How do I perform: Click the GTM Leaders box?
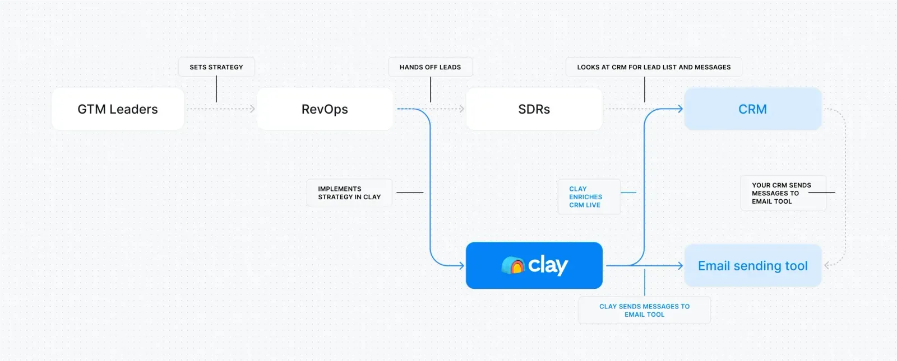pos(118,109)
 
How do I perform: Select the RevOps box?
pos(325,109)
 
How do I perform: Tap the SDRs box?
pos(534,109)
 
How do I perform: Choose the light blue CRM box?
pos(752,109)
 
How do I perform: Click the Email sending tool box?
pos(752,266)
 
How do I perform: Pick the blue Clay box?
pos(534,265)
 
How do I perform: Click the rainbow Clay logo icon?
pos(512,265)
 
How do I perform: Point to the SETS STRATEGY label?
pos(216,67)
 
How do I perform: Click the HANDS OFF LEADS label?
pos(430,67)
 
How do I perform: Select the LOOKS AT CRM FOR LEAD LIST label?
pos(654,67)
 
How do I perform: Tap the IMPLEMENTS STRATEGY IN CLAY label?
pos(349,193)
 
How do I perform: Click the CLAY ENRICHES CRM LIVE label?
pos(586,196)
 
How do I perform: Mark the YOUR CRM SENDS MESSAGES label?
pos(782,193)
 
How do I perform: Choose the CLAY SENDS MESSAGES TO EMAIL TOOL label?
pos(644,310)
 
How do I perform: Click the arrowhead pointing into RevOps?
pos(253,109)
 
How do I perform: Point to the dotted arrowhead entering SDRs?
pos(462,109)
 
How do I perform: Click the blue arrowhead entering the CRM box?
pos(681,109)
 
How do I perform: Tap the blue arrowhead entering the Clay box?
pos(461,265)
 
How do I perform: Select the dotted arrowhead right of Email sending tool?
pos(827,265)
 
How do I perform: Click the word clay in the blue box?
pos(548,265)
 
